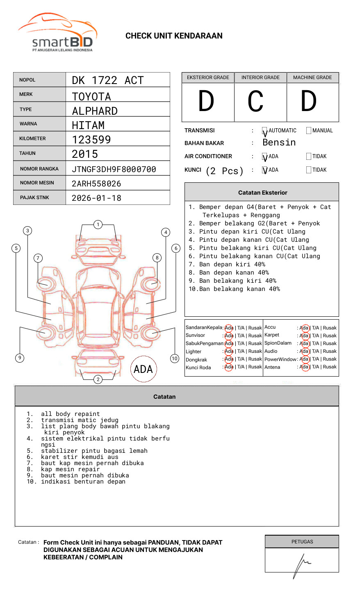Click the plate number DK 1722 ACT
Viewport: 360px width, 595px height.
click(107, 80)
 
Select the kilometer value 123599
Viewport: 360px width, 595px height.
click(91, 140)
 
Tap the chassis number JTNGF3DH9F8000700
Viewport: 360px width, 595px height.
click(114, 169)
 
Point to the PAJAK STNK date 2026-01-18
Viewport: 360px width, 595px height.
click(96, 198)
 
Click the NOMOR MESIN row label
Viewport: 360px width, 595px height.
click(37, 183)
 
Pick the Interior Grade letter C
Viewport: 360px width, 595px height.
click(255, 102)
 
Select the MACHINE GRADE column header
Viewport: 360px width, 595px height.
click(312, 77)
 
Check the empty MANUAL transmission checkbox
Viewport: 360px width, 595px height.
click(309, 131)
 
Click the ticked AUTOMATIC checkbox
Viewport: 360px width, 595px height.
click(265, 131)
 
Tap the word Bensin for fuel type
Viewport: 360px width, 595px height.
click(279, 143)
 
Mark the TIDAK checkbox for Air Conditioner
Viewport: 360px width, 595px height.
click(309, 157)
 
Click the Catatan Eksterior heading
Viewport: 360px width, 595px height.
click(262, 193)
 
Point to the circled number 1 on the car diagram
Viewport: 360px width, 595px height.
click(98, 225)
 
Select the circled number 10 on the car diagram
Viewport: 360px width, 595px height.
click(175, 359)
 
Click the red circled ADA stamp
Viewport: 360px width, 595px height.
click(143, 369)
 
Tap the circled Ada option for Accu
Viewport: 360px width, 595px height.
click(304, 328)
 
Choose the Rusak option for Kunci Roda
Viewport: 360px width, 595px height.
click(255, 367)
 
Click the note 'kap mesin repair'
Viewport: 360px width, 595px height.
click(70, 469)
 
